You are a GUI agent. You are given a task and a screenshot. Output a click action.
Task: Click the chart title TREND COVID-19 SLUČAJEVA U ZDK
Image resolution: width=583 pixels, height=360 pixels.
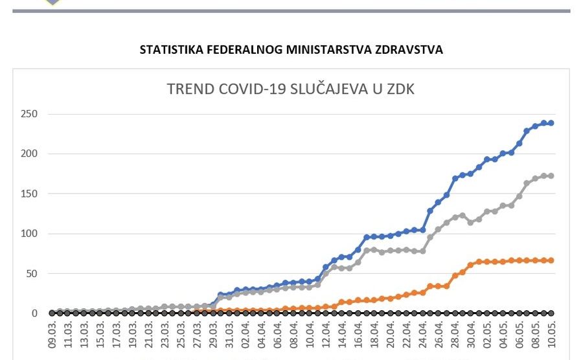click(x=291, y=89)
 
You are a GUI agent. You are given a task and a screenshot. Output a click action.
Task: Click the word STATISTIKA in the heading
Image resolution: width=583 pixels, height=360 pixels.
click(x=170, y=49)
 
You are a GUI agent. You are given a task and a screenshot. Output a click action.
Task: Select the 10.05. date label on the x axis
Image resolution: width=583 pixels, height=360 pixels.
click(x=551, y=337)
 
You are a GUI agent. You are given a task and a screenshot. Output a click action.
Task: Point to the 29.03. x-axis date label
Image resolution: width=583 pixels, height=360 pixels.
click(x=213, y=337)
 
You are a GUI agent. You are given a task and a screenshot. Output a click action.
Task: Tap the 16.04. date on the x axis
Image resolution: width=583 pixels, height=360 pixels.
click(x=358, y=337)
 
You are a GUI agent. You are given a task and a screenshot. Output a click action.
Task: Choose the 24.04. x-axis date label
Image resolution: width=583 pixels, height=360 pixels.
click(x=422, y=337)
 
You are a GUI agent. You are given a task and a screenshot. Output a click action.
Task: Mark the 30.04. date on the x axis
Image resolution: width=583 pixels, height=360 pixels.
click(x=471, y=337)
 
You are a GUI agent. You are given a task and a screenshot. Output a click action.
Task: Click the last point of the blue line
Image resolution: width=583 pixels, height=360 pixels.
click(x=551, y=123)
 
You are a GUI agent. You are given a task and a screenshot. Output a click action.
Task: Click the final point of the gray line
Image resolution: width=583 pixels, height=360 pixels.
click(x=551, y=176)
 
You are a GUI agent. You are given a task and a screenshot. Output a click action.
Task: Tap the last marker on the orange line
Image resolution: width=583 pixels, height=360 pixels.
click(x=551, y=260)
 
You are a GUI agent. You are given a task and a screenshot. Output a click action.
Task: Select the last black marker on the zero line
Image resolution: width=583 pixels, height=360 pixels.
click(x=551, y=313)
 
